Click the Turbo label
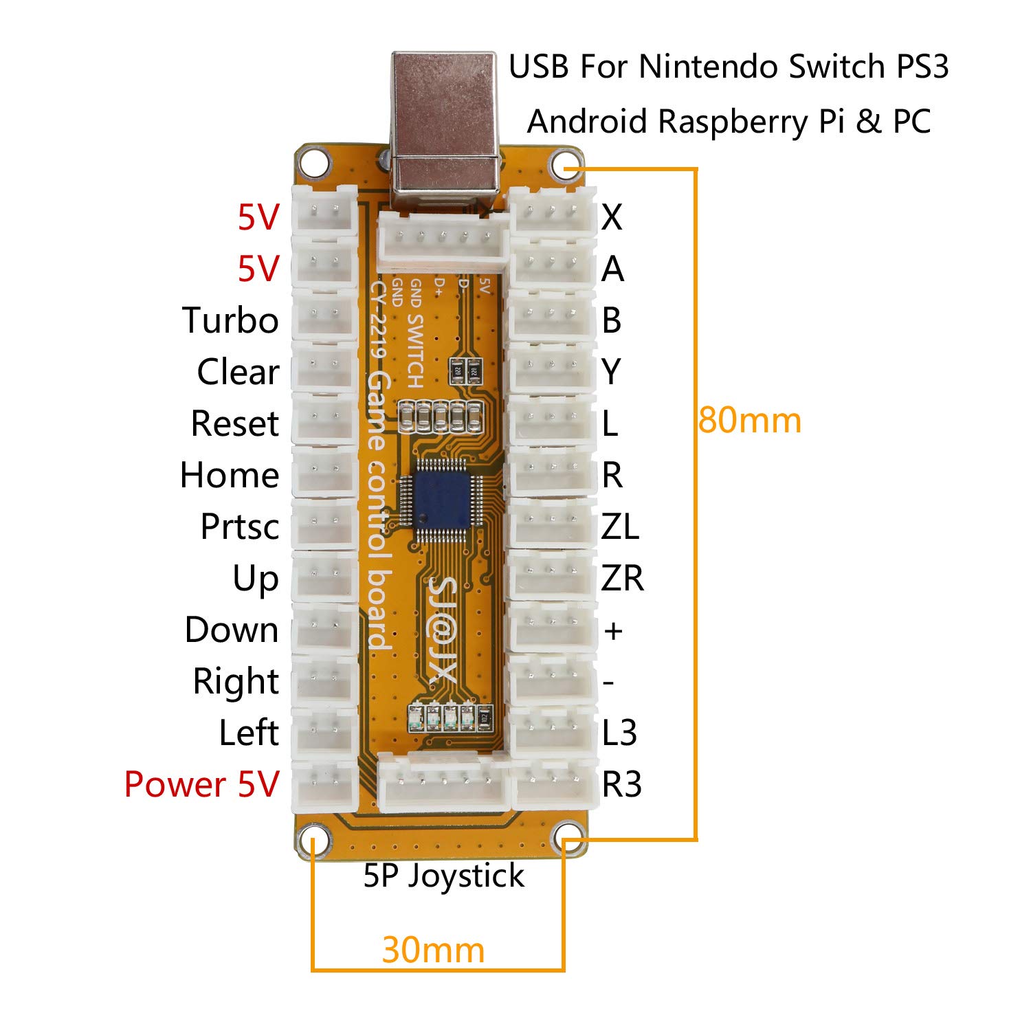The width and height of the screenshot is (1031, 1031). [x=230, y=320]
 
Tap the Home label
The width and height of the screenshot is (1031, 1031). [x=230, y=475]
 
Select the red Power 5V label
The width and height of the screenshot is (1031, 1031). [x=201, y=784]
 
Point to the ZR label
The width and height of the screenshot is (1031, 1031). [x=622, y=578]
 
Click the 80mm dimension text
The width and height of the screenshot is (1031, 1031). [x=749, y=420]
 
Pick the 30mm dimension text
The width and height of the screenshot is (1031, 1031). [x=433, y=950]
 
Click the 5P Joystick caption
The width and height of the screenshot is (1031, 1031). [x=443, y=876]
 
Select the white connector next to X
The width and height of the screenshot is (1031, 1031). [x=552, y=212]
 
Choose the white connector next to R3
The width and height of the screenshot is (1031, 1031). [x=552, y=784]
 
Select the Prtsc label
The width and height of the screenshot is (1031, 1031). [x=239, y=526]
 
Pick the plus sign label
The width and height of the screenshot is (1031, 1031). [x=612, y=630]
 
